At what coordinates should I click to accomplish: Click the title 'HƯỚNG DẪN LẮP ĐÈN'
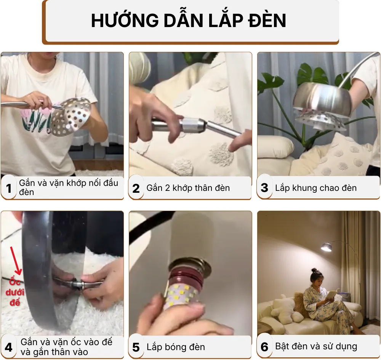[189, 21]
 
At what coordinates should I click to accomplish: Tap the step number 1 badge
[9, 188]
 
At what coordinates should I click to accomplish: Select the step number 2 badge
[136, 188]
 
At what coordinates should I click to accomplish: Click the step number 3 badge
[264, 188]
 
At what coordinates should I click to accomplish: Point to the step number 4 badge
[9, 347]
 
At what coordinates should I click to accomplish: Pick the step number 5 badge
[136, 347]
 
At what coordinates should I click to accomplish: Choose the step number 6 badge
[264, 347]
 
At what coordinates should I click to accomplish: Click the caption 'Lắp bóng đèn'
[176, 347]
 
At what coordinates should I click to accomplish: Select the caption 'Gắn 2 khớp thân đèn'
[188, 188]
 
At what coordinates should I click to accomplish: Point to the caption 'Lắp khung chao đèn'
[315, 188]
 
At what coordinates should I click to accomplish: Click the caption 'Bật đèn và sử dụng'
[316, 347]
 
